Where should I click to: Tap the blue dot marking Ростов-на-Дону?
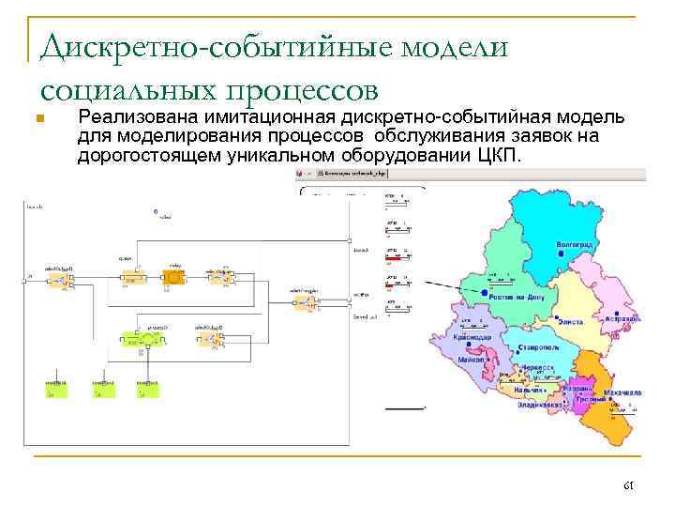484,294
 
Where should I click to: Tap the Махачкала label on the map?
617,391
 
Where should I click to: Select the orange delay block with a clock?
173,277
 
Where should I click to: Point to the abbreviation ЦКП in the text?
506,155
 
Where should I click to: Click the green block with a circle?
149,337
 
